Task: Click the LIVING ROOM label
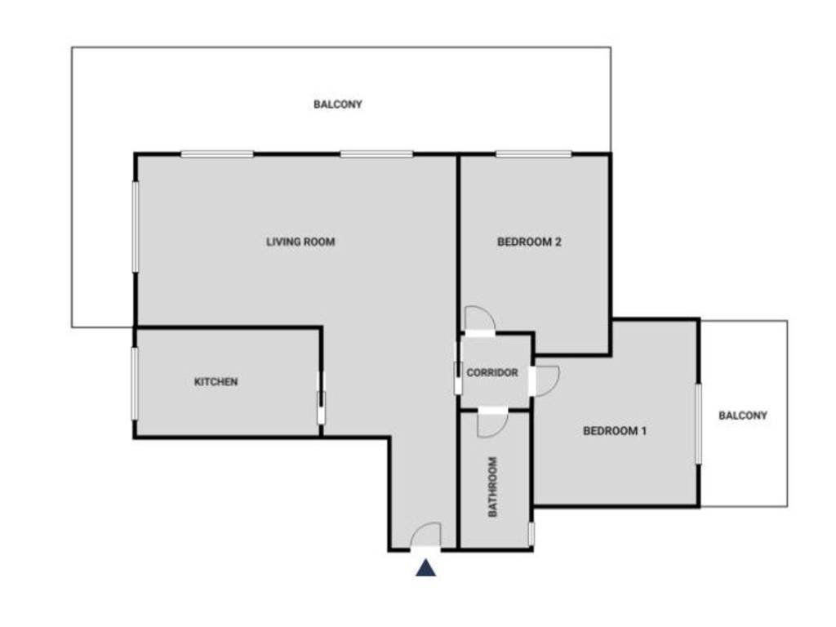300,242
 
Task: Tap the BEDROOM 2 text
529,242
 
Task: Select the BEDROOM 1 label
615,430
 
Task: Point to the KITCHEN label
216,381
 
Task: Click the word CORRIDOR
492,373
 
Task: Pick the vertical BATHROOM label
493,487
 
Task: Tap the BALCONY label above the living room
338,104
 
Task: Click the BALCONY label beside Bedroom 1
743,415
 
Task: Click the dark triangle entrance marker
425,568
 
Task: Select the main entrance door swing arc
425,536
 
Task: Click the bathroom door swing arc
493,421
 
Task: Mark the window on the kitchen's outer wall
135,384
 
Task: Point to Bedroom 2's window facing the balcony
533,153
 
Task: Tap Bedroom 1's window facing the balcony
698,424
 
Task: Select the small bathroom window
531,534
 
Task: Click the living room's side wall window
135,226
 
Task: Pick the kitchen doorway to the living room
321,398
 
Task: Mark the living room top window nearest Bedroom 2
376,153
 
